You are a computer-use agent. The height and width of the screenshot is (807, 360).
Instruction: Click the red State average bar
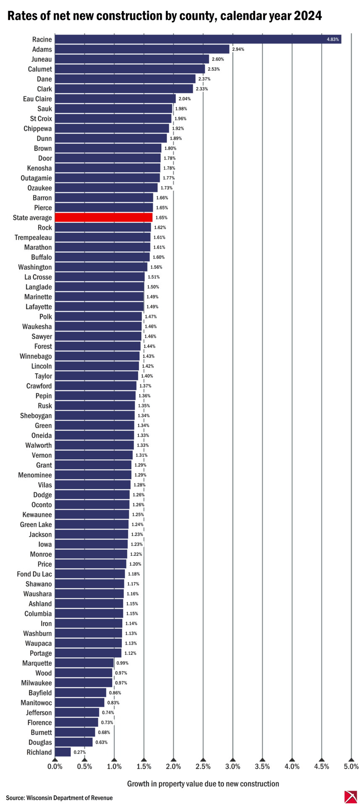pyautogui.click(x=103, y=218)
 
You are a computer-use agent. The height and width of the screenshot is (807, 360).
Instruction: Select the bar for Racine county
pyautogui.click(x=197, y=40)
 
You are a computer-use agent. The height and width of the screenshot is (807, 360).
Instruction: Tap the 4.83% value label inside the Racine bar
pyautogui.click(x=333, y=40)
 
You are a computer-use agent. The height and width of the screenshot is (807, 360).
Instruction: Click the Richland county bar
pyautogui.click(x=63, y=752)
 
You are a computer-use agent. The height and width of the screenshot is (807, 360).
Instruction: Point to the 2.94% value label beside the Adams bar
pyautogui.click(x=238, y=49)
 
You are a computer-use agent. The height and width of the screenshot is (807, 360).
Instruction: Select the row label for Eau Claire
pyautogui.click(x=37, y=99)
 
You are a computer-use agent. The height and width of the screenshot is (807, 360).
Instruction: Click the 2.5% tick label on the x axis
pyautogui.click(x=203, y=766)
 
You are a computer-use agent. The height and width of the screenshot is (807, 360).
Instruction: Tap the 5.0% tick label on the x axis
pyautogui.click(x=351, y=766)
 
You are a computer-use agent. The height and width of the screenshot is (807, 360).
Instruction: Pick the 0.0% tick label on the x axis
pyautogui.click(x=55, y=766)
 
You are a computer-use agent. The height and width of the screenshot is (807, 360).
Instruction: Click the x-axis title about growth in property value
pyautogui.click(x=203, y=783)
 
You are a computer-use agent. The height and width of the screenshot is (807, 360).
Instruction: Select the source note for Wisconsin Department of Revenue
pyautogui.click(x=59, y=797)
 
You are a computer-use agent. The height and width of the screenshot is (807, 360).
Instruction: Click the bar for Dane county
pyautogui.click(x=125, y=79)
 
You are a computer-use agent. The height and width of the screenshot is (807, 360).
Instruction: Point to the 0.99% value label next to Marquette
pyautogui.click(x=122, y=663)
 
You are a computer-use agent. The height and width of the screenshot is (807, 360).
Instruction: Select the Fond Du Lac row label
pyautogui.click(x=34, y=574)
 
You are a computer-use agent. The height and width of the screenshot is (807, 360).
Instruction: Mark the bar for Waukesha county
pyautogui.click(x=98, y=327)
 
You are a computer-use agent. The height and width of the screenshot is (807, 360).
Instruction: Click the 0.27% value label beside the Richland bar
pyautogui.click(x=79, y=752)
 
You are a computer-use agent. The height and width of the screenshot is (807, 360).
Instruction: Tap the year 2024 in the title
pyautogui.click(x=307, y=16)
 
